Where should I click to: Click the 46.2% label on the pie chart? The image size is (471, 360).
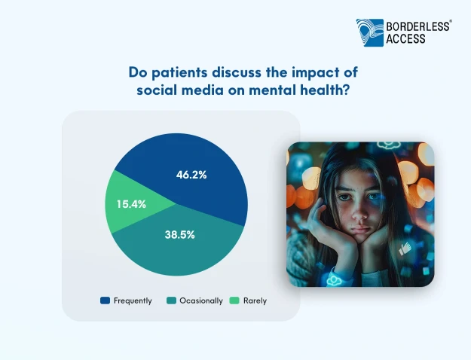(x=191, y=175)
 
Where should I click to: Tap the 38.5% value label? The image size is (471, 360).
(x=179, y=235)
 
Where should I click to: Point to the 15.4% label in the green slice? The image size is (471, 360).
(x=131, y=204)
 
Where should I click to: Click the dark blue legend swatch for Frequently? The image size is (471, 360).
(x=106, y=301)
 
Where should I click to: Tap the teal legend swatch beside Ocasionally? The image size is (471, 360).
(x=171, y=301)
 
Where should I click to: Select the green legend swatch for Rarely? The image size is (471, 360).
(x=234, y=301)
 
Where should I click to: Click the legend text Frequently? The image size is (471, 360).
(x=133, y=301)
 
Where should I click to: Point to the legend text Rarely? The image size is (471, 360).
(x=255, y=301)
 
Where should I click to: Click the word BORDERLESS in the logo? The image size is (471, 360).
(x=417, y=26)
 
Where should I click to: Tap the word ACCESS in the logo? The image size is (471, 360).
(x=405, y=38)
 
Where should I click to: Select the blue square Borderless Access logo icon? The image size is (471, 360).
(x=370, y=32)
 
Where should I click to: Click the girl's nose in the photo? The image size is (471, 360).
(x=359, y=212)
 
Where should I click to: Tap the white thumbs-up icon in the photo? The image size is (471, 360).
(x=405, y=249)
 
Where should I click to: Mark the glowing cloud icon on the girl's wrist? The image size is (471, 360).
(x=333, y=280)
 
